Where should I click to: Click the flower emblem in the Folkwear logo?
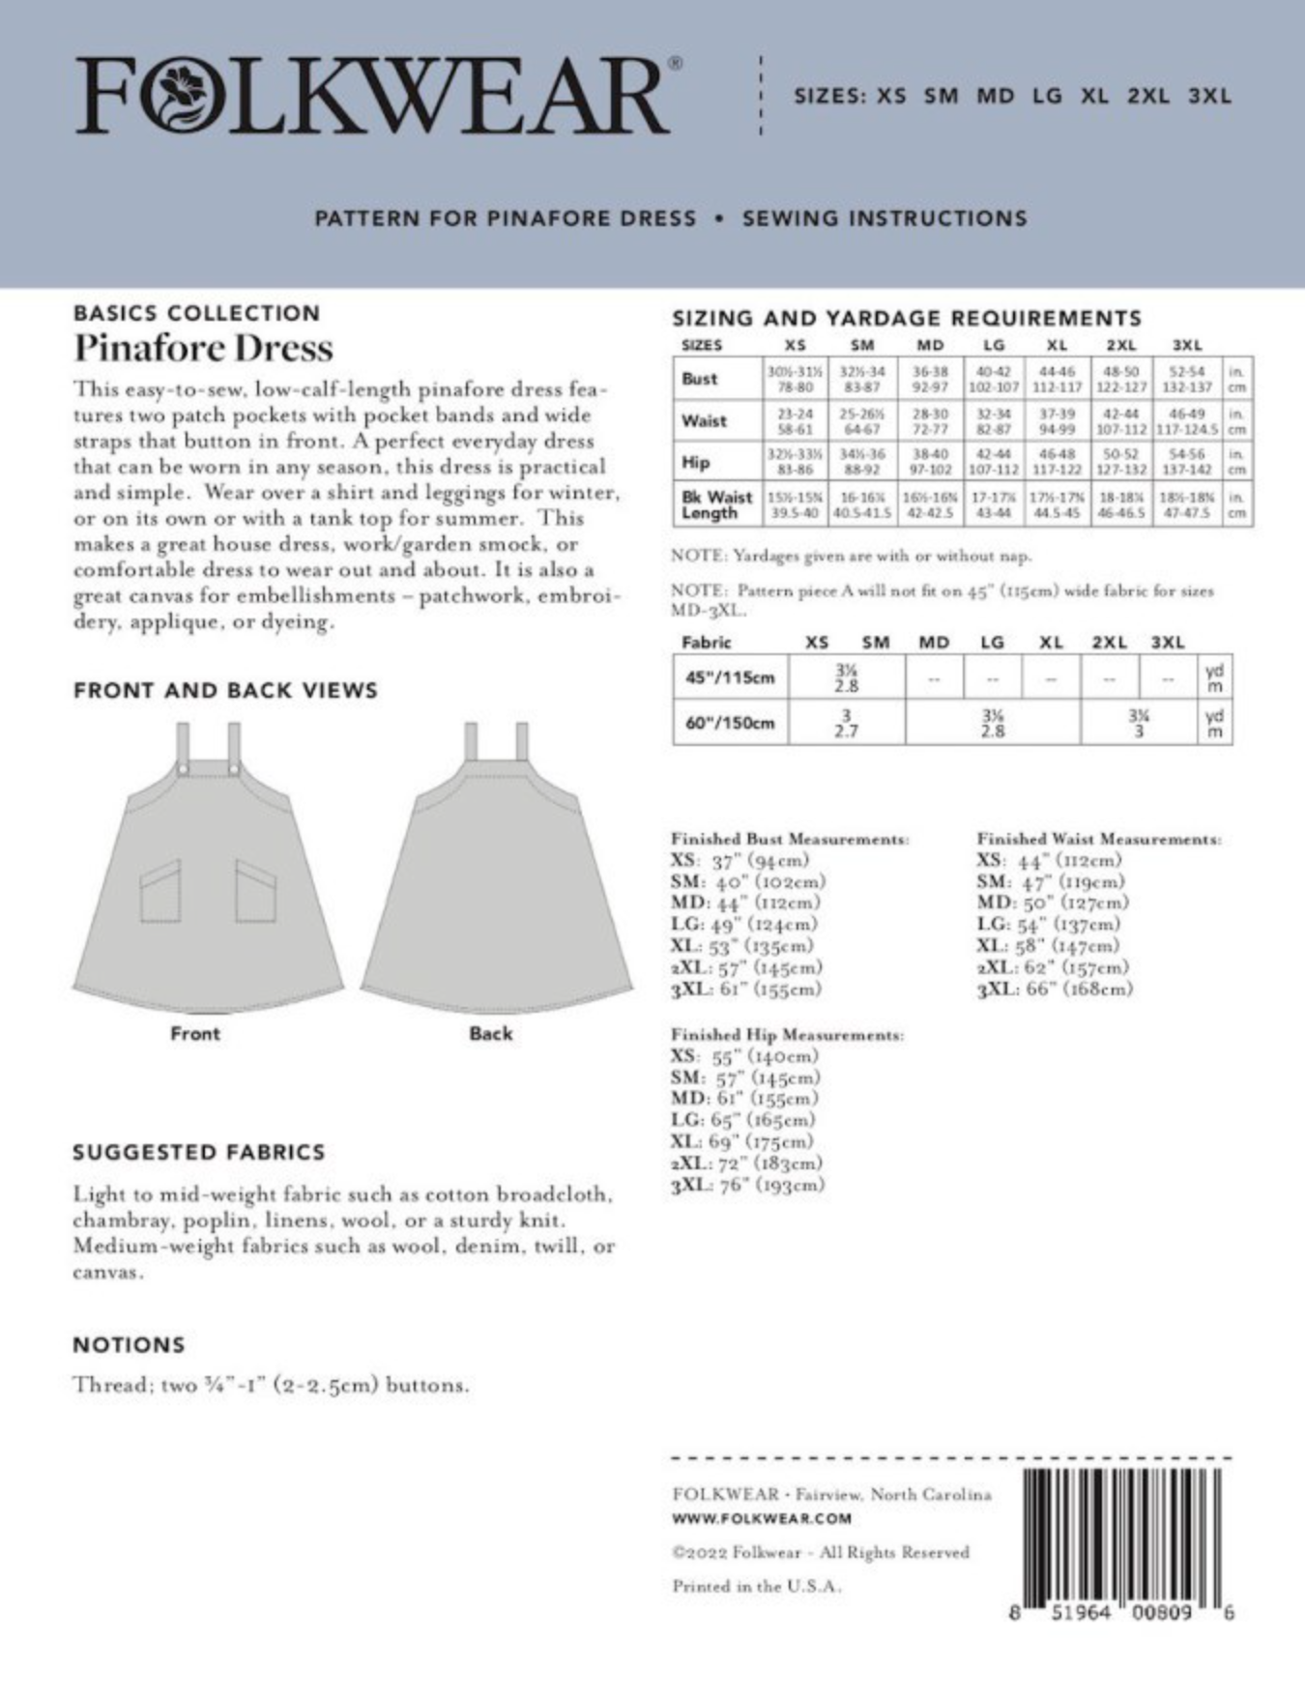(x=181, y=95)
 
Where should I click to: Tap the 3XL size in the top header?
(x=1209, y=97)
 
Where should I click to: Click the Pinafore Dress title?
(x=204, y=348)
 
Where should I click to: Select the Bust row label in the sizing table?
(x=699, y=379)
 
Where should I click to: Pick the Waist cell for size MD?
(x=929, y=421)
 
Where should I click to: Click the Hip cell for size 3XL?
(x=1186, y=462)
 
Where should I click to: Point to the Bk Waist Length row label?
(x=716, y=504)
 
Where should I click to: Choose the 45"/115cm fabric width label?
(x=730, y=677)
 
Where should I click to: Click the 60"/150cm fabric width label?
(x=730, y=723)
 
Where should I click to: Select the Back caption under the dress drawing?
(x=490, y=1034)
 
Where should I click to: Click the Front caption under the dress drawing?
(x=195, y=1034)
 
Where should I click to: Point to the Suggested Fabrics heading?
(x=199, y=1152)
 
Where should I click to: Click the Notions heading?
(x=129, y=1344)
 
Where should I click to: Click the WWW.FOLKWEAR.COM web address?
(x=762, y=1518)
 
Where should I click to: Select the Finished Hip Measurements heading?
(x=788, y=1035)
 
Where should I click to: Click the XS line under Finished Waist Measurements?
(x=1049, y=860)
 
